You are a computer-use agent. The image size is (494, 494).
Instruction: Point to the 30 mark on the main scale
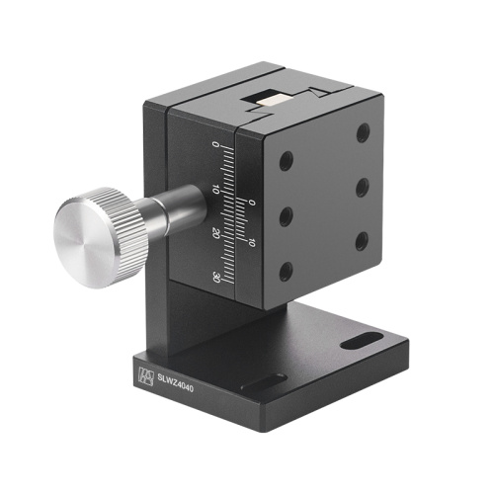click(x=216, y=279)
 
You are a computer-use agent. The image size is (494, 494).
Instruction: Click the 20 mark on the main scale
click(x=215, y=233)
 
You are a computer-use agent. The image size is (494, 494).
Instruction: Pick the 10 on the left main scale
click(x=215, y=189)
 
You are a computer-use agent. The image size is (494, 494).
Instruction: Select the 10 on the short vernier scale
click(x=252, y=240)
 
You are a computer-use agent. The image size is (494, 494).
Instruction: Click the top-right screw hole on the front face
click(x=364, y=131)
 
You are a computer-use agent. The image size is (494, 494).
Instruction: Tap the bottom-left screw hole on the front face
click(x=286, y=271)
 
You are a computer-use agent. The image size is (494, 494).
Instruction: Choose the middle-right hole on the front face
click(x=363, y=185)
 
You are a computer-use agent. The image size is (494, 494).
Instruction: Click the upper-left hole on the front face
click(x=286, y=160)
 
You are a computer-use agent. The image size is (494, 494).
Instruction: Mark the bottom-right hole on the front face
click(x=362, y=238)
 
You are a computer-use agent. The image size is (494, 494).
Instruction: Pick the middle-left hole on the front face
click(x=286, y=215)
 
